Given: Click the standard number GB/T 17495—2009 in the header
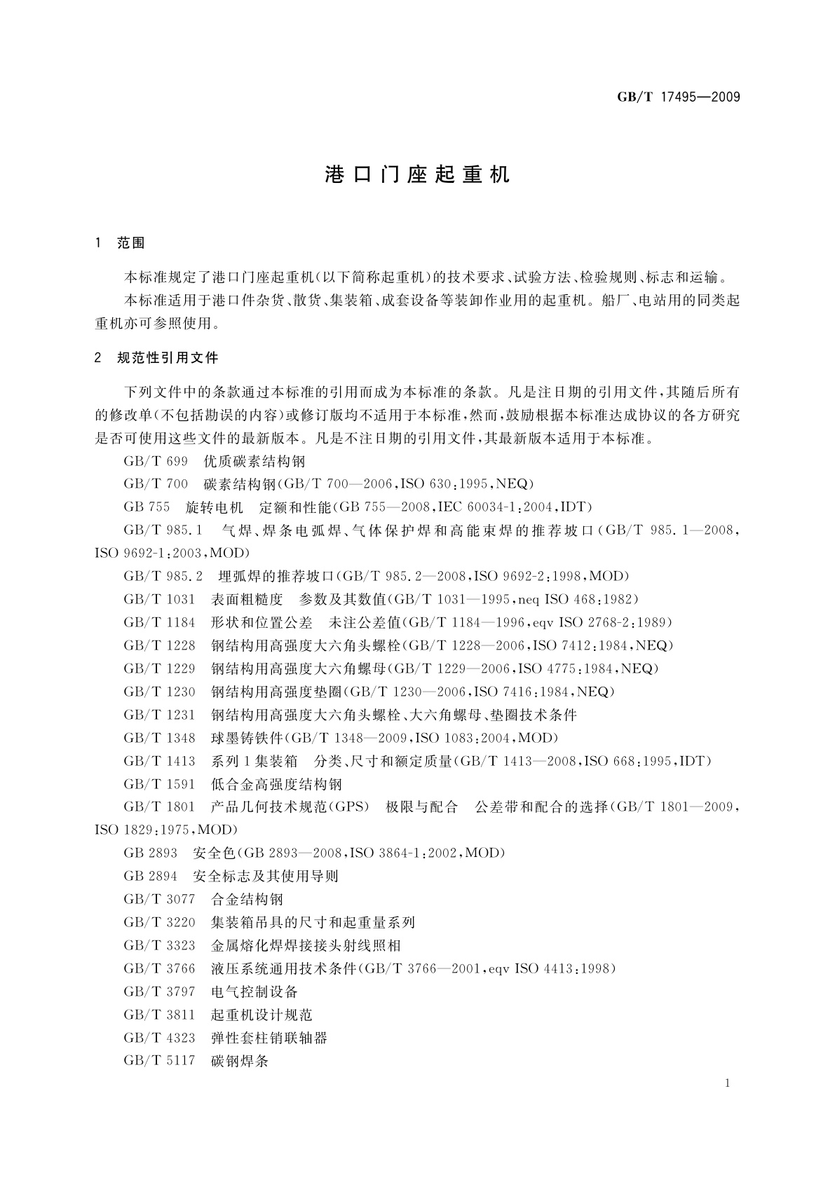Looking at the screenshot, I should coord(678,97).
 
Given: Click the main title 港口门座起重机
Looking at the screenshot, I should coord(417,175).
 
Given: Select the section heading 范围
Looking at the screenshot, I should coord(131,243).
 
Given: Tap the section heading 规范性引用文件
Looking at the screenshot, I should coord(168,358).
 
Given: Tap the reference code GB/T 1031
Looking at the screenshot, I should coord(159,599).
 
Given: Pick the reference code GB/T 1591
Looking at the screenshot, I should coord(159,784).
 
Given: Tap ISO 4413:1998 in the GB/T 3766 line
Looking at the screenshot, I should coord(564,968).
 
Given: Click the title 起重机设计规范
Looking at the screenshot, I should coord(262,1015).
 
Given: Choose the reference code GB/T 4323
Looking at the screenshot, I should coord(159,1038).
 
